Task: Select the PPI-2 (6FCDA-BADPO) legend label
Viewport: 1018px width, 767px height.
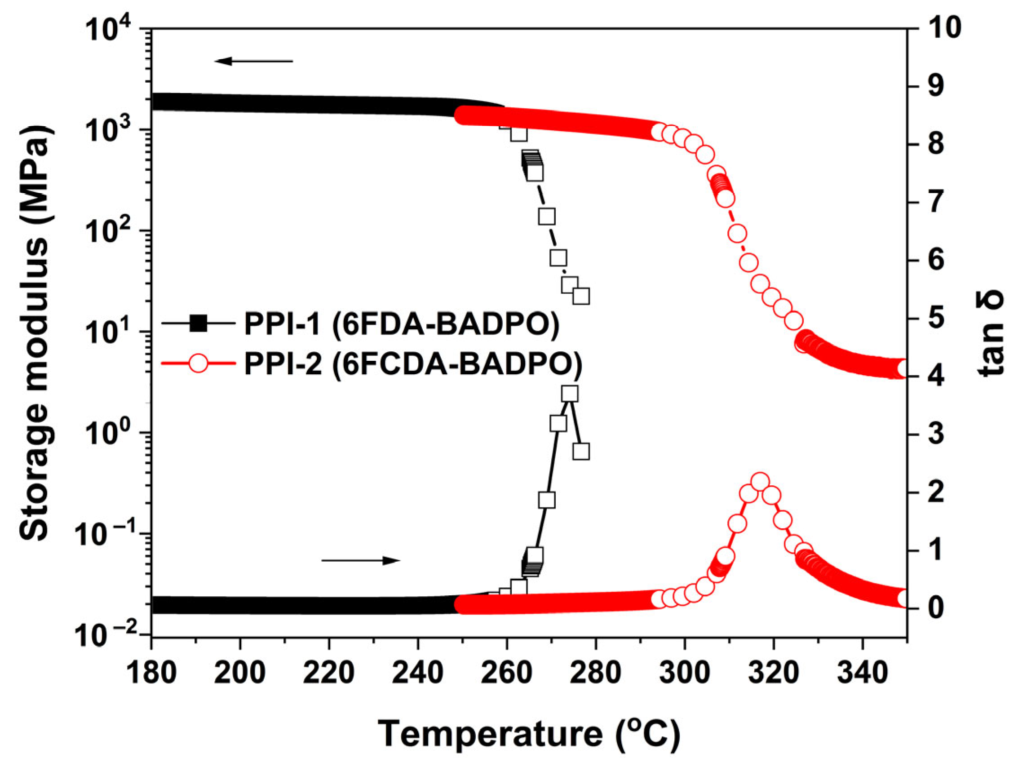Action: (x=413, y=364)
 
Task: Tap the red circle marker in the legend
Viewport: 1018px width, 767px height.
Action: (x=199, y=363)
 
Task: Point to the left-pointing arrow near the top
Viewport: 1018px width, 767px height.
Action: (x=253, y=61)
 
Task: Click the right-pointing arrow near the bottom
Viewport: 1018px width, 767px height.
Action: (x=361, y=560)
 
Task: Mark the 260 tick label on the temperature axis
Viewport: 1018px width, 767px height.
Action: (x=507, y=673)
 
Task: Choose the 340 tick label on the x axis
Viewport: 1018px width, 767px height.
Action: (x=862, y=673)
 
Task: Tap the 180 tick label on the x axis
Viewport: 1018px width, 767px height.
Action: (x=151, y=673)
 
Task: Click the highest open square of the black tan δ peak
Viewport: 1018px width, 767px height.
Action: (x=570, y=394)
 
